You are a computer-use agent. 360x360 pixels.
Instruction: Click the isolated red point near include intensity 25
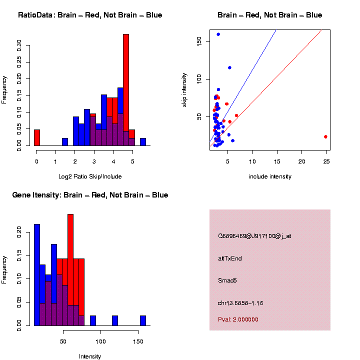click(325, 136)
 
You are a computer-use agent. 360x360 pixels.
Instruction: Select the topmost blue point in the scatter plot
click(218, 34)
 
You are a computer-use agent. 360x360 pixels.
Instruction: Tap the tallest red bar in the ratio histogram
click(126, 90)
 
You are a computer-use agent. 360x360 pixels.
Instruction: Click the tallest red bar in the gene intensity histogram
click(70, 270)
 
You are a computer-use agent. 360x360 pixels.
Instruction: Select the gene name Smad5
click(227, 280)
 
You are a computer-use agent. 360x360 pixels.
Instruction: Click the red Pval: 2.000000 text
click(238, 319)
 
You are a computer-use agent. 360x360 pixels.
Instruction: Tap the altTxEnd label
click(230, 258)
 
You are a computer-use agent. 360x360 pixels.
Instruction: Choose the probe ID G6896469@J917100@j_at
click(254, 236)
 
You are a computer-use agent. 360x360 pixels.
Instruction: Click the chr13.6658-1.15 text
click(240, 303)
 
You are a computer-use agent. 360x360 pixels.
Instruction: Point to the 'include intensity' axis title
click(269, 176)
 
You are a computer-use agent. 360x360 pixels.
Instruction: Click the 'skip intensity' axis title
click(184, 91)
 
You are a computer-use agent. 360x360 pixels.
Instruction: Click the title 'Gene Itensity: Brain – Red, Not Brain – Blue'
click(90, 195)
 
